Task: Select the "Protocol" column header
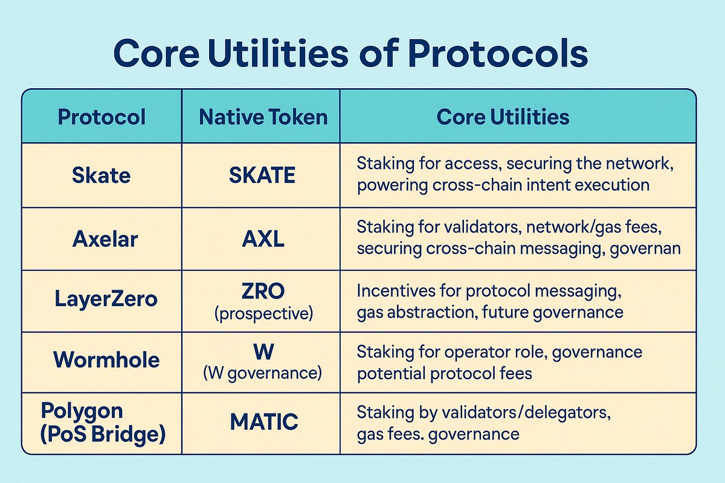click(101, 117)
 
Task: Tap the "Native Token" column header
click(263, 117)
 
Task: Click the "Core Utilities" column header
click(503, 117)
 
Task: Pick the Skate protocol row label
click(101, 175)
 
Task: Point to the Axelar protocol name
click(105, 239)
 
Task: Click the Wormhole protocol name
click(106, 360)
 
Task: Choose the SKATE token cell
click(263, 175)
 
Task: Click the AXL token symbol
click(263, 239)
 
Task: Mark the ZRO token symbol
click(263, 291)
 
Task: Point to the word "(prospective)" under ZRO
click(263, 312)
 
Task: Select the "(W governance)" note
click(263, 373)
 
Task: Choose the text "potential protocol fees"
click(444, 373)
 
